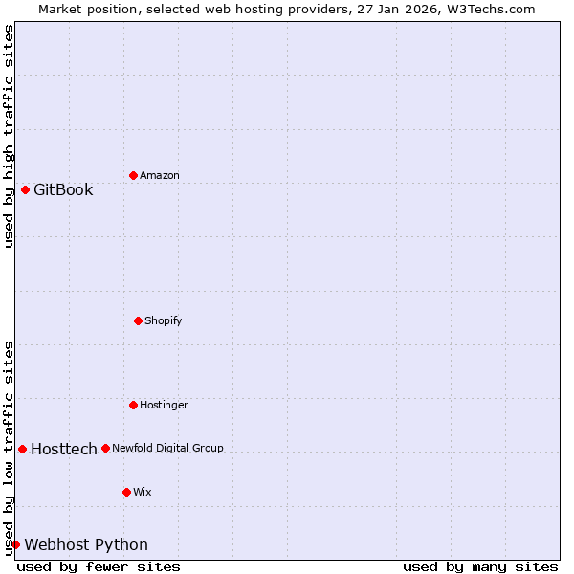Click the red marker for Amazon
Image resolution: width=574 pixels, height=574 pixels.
click(133, 175)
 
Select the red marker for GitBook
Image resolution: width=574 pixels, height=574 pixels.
click(25, 189)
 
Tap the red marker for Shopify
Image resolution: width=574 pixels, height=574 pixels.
click(138, 320)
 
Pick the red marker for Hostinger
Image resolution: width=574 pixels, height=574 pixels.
click(133, 405)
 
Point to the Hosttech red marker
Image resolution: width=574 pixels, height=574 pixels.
click(22, 449)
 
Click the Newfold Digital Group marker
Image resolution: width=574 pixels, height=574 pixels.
click(105, 448)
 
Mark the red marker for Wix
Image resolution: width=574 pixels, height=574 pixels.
click(126, 492)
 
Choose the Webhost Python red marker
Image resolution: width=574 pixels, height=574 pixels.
click(15, 544)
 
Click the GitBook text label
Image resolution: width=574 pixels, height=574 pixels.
click(63, 189)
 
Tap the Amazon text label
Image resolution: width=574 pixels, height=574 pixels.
click(160, 175)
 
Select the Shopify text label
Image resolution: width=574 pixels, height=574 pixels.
click(164, 320)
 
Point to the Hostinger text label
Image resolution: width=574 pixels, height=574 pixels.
click(164, 405)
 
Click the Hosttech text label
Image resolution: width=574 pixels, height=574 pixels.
click(64, 449)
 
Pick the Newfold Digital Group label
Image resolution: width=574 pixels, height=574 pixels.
click(167, 448)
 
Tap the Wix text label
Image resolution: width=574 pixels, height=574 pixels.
click(142, 492)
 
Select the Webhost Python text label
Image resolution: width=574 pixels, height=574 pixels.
click(86, 544)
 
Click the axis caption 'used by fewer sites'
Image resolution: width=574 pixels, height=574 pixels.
click(99, 566)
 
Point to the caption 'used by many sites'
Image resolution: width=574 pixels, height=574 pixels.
click(480, 566)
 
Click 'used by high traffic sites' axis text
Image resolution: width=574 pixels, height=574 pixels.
click(9, 136)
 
